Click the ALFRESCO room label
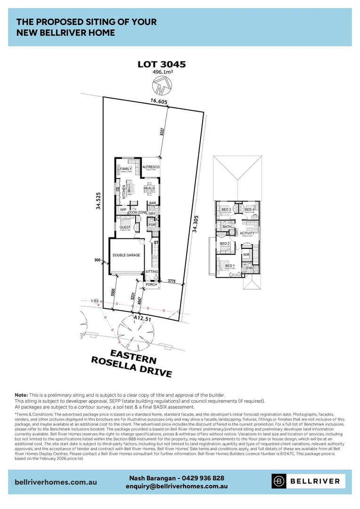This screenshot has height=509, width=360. click(x=152, y=167)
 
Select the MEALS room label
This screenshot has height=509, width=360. click(x=149, y=188)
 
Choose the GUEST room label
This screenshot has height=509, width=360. click(x=125, y=227)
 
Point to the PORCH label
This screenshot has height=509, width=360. click(x=151, y=284)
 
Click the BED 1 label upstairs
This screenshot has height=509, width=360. click(x=229, y=266)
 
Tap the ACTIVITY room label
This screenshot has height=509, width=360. click(x=247, y=233)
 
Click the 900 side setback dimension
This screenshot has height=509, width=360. click(x=97, y=260)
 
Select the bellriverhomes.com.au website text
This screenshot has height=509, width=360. click(x=56, y=482)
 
